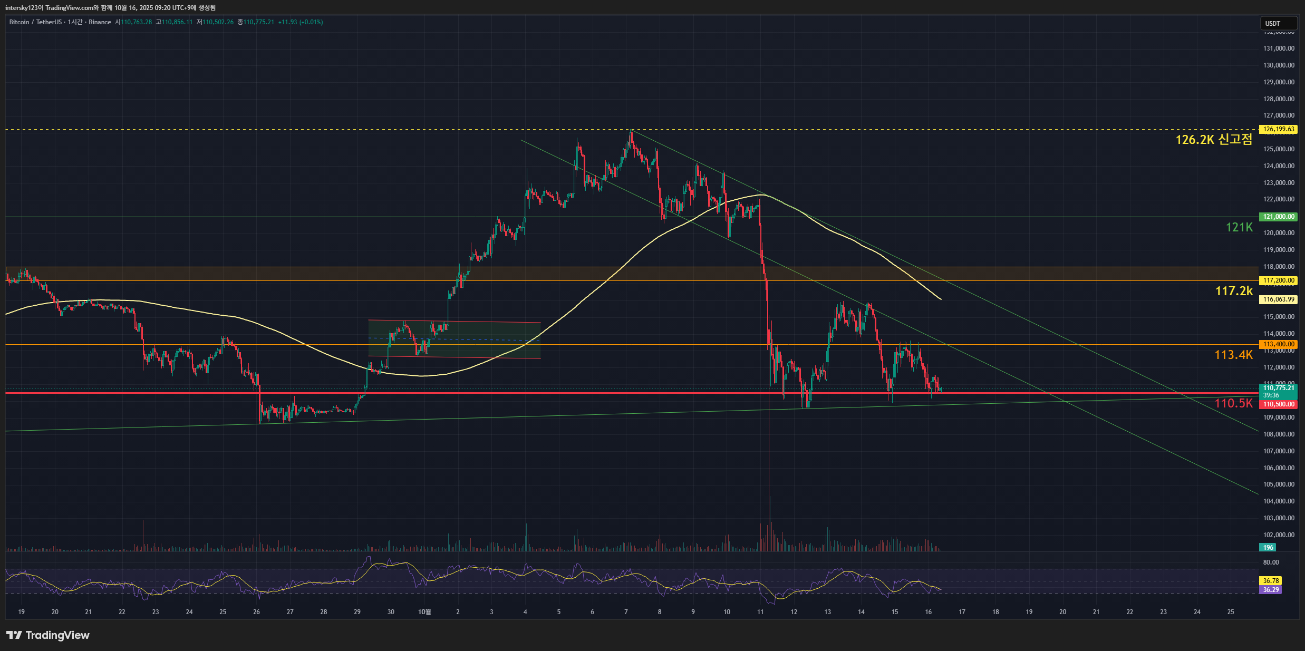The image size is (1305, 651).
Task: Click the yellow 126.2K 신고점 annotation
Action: (x=1213, y=140)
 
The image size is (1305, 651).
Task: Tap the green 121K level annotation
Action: (x=1239, y=227)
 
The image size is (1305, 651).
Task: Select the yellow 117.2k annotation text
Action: (x=1233, y=291)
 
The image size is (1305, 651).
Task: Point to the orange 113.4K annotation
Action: (x=1233, y=355)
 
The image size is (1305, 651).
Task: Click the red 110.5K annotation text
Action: (x=1233, y=403)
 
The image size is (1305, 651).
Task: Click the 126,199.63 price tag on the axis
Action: (x=1278, y=129)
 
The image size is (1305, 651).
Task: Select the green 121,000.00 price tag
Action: (x=1278, y=217)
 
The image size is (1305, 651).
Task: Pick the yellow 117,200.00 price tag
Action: (x=1278, y=280)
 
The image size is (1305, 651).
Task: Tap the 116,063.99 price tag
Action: (x=1278, y=299)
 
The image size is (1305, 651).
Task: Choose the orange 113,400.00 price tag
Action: (x=1278, y=344)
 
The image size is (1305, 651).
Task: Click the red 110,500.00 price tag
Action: (x=1278, y=404)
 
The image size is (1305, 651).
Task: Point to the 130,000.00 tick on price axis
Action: (x=1278, y=65)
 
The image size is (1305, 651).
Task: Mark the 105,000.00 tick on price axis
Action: (x=1278, y=484)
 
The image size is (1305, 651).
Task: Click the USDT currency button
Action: (x=1278, y=23)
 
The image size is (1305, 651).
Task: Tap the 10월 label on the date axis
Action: (x=424, y=612)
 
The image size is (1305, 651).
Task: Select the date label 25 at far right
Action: (x=1231, y=612)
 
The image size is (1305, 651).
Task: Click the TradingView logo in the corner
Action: (x=48, y=635)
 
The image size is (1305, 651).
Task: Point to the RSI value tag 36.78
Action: (x=1271, y=581)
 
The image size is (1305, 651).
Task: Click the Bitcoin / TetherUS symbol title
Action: (x=35, y=22)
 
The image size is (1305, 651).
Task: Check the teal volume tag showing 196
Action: (x=1268, y=548)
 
